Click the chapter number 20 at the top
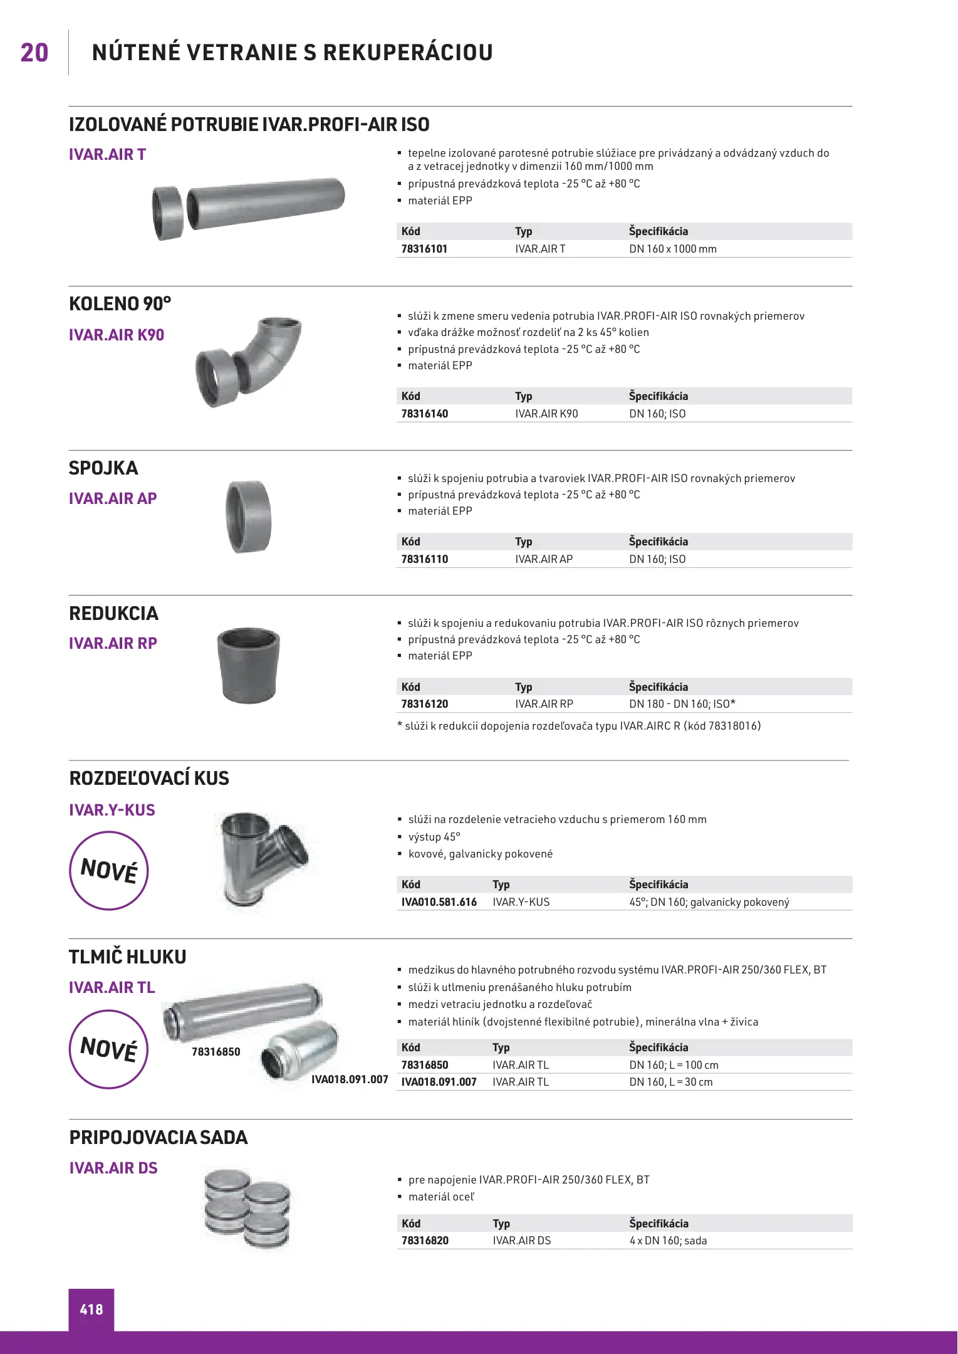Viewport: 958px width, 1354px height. (x=34, y=53)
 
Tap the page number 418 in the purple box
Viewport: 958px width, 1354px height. (x=91, y=1309)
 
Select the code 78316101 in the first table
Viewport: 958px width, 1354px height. (x=424, y=249)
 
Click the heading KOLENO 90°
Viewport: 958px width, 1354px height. (x=120, y=304)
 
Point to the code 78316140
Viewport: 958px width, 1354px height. (x=424, y=414)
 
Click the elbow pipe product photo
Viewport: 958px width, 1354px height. (x=249, y=362)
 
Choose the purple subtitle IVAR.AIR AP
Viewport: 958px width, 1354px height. (x=113, y=498)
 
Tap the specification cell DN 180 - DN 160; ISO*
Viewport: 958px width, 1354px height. (x=682, y=704)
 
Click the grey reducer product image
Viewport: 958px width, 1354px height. (x=249, y=665)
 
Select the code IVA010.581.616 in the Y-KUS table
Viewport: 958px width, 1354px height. (x=439, y=902)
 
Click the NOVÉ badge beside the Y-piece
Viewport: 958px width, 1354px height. (x=108, y=870)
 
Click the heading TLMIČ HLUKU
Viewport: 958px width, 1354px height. (x=127, y=957)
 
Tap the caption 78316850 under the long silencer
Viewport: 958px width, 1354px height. (x=216, y=1052)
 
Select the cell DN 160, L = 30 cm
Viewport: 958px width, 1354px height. (x=670, y=1082)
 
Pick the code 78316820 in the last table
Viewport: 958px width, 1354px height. (x=425, y=1241)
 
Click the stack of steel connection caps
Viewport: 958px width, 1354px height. (x=248, y=1208)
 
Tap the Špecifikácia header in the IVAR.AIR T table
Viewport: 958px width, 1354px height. (x=658, y=231)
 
